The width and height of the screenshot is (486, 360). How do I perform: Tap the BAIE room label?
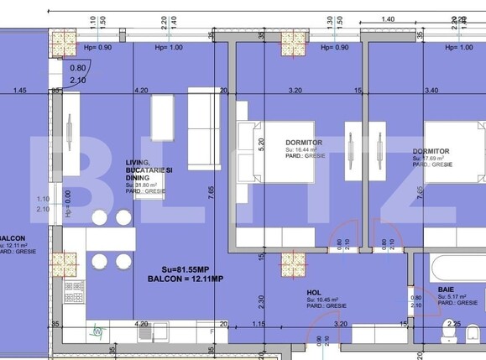coord(447,289)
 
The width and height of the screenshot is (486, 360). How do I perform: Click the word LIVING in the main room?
coord(138,162)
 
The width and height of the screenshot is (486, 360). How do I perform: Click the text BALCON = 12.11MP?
coord(185,278)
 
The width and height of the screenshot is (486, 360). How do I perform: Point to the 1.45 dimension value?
coord(20,90)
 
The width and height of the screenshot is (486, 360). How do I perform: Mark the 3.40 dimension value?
coord(432,90)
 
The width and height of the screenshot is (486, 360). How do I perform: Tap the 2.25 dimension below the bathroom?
coord(453,323)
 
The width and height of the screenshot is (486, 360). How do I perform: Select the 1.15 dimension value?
coord(259,323)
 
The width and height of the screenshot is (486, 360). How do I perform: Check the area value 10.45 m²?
coord(323,299)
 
